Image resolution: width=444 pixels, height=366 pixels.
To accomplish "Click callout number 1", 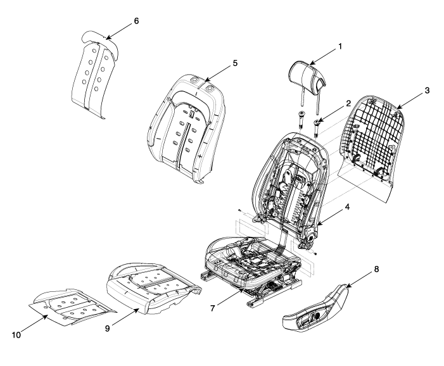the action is [x=340, y=46].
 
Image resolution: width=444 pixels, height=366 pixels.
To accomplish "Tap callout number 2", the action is [x=348, y=104].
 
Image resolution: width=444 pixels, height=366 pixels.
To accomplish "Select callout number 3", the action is [x=427, y=91].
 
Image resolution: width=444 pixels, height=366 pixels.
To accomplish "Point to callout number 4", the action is [x=347, y=207].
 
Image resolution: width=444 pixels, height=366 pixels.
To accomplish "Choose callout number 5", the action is [x=235, y=63].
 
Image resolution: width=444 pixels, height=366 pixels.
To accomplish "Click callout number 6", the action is [x=136, y=21].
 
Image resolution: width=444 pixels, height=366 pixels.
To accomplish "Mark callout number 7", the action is [x=213, y=308].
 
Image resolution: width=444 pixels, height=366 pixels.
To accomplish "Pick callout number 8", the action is [x=376, y=269].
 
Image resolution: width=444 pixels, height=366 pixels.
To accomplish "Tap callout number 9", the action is [x=107, y=329].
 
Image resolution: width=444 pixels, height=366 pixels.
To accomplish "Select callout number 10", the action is [x=16, y=335].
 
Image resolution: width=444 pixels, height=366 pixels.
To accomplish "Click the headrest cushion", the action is [x=307, y=74].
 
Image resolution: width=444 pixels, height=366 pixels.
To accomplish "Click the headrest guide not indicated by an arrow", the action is [x=301, y=120].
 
